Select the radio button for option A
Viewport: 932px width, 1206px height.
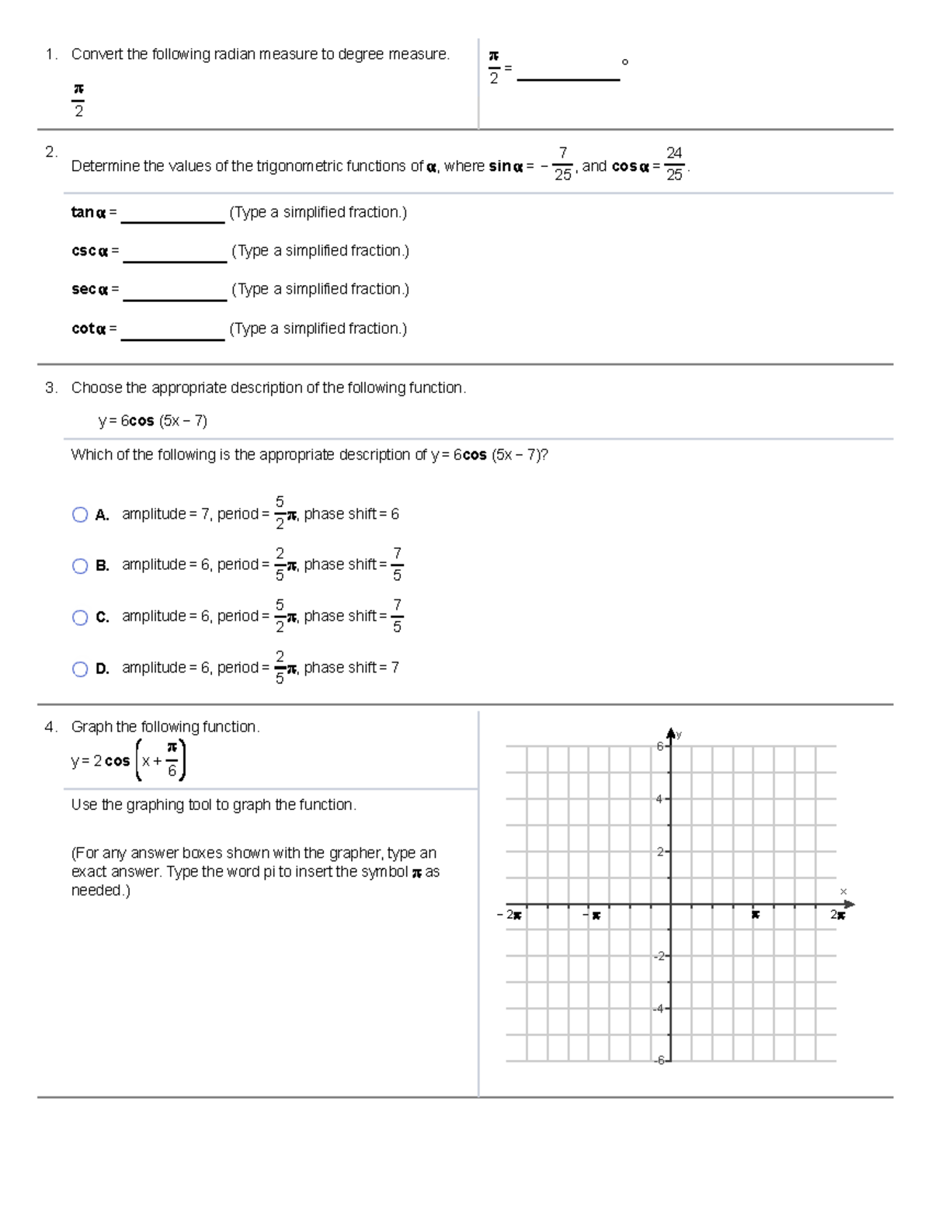(x=80, y=515)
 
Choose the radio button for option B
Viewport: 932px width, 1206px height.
(x=80, y=566)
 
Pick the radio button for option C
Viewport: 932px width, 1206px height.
(x=80, y=617)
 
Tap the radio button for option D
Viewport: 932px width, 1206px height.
(x=80, y=669)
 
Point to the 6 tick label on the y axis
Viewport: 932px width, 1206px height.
(x=659, y=746)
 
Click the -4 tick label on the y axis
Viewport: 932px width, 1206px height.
(x=658, y=1009)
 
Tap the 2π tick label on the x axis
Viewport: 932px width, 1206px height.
(x=837, y=915)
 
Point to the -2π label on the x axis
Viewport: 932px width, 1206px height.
(x=509, y=915)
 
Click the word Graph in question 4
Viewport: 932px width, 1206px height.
(x=92, y=727)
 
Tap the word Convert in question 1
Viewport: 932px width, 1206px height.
(x=97, y=54)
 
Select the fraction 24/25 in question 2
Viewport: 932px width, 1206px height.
(x=674, y=164)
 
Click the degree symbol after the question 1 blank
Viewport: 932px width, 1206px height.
(x=625, y=62)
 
